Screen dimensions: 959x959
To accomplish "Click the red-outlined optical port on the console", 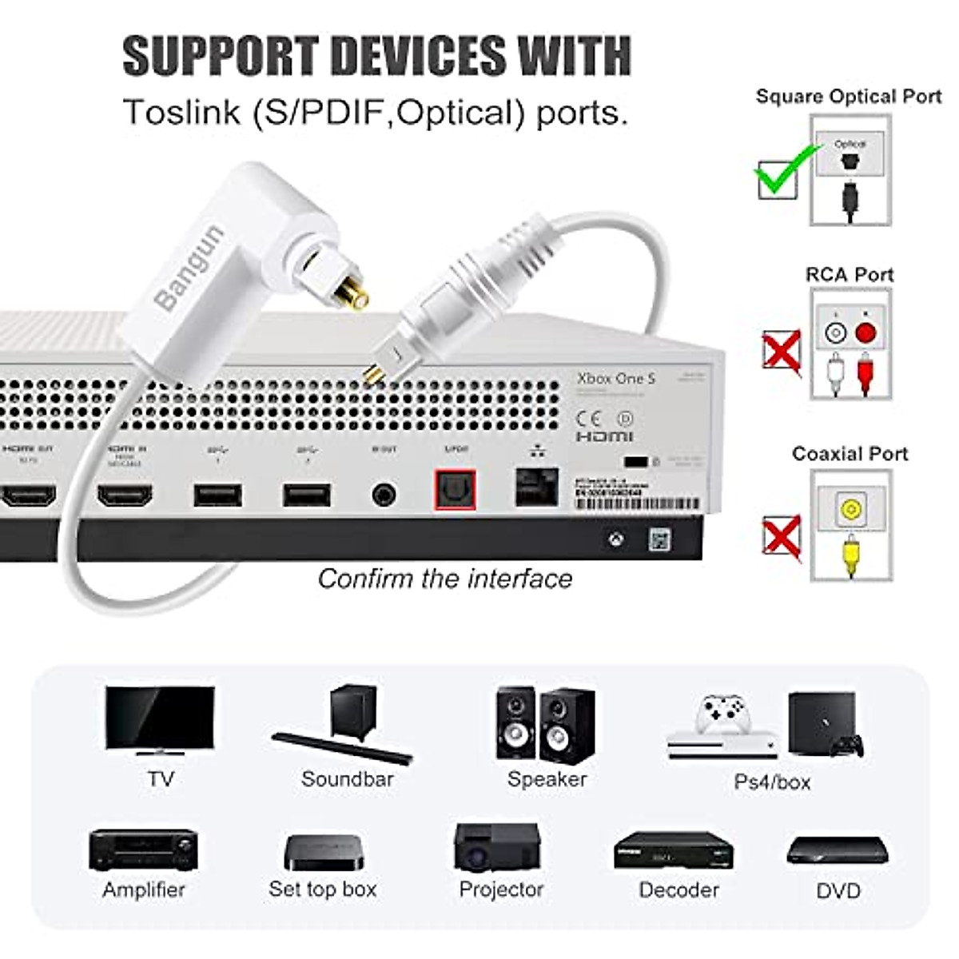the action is click(x=455, y=490).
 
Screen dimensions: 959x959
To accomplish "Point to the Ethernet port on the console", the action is click(x=536, y=487).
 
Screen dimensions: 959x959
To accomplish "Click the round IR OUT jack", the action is click(x=384, y=495).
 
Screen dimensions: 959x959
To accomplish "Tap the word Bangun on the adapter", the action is click(x=190, y=268).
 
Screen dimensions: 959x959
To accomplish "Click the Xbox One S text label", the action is click(x=616, y=378).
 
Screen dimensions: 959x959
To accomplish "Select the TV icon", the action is click(x=160, y=720).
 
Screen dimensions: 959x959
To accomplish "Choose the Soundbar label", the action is click(x=348, y=779).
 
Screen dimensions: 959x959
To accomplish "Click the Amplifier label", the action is click(x=144, y=890).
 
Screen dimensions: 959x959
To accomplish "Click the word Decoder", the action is click(x=679, y=890).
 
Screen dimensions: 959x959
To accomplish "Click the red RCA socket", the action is click(x=865, y=333).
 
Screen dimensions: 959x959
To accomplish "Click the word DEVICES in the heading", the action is click(x=417, y=56).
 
